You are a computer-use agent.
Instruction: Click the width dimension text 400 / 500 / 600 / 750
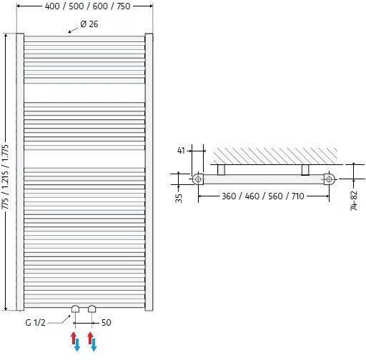(84, 6)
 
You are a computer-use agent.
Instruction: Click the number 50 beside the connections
(106, 323)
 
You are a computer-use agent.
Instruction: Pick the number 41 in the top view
(181, 151)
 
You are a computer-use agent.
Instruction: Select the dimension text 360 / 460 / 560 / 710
(264, 196)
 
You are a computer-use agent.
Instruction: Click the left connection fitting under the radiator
(75, 309)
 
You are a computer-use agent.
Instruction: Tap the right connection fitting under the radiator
(91, 309)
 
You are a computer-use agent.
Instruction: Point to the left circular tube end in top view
(198, 179)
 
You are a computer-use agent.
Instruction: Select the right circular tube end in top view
(329, 179)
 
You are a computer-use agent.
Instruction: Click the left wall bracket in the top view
(222, 169)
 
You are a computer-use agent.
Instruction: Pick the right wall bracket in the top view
(306, 169)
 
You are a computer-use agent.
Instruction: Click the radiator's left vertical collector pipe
(21, 171)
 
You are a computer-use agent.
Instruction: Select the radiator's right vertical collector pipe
(149, 171)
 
